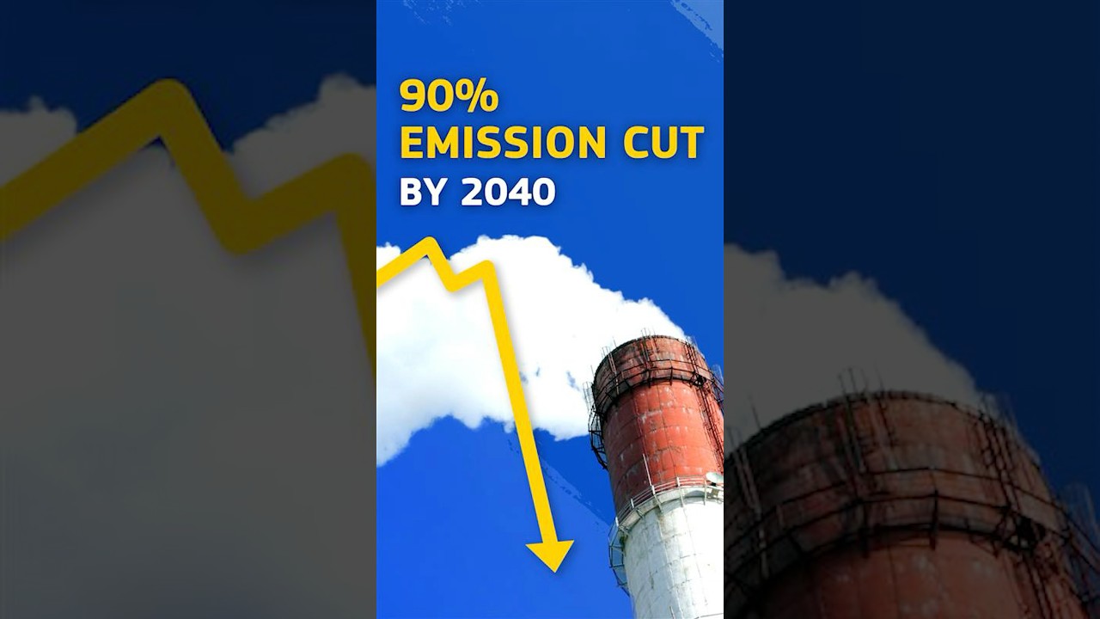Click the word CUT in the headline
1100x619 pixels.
tap(663, 143)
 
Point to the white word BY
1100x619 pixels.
tap(425, 192)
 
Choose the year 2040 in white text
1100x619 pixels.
tap(508, 192)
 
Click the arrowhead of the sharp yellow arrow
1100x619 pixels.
tap(550, 555)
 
